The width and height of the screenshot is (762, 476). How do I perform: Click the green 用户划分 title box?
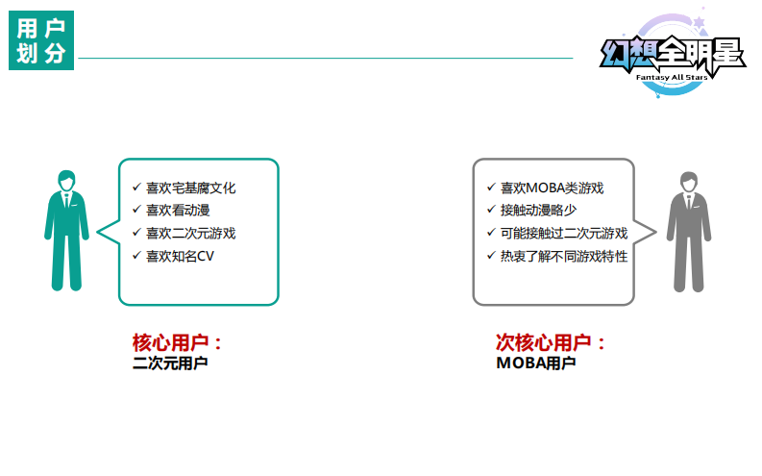coord(41,40)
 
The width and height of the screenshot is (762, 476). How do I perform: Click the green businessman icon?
coord(66,231)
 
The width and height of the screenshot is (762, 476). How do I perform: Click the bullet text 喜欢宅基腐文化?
coord(190,188)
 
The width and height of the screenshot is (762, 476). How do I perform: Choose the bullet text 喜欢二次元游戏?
coord(190,233)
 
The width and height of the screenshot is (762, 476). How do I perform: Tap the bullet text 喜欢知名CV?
coord(180,256)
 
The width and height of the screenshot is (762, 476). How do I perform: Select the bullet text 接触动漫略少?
coord(538,211)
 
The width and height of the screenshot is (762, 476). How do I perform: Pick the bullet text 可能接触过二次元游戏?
coord(564,233)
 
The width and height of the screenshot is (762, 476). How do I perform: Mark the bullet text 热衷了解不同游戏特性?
coord(564,256)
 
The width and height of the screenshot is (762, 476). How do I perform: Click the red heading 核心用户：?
coord(178,342)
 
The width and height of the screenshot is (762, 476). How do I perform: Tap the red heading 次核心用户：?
coord(552,342)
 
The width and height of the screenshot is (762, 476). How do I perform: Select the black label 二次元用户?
coord(170,363)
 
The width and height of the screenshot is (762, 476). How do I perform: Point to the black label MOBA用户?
coord(535,363)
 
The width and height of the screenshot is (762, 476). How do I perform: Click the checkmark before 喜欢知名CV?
coord(135,256)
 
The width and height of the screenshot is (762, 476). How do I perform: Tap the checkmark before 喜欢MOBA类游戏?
coord(491,188)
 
